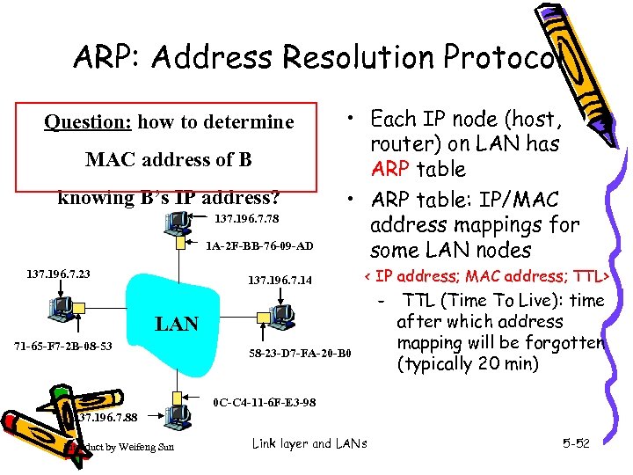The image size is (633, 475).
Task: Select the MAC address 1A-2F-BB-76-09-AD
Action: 258,246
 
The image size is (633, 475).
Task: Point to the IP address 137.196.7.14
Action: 280,281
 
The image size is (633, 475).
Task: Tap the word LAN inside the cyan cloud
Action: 177,324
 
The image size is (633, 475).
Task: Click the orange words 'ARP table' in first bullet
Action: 418,168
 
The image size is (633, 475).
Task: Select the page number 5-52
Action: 576,443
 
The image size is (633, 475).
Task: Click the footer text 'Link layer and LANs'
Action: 309,443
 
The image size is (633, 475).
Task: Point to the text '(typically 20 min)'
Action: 470,363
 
